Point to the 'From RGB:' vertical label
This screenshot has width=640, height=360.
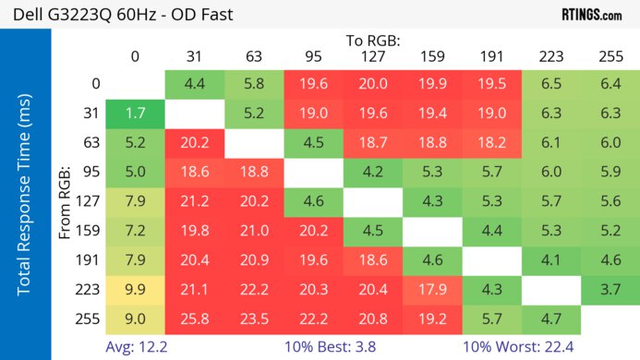point(66,202)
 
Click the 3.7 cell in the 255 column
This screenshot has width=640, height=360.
point(610,289)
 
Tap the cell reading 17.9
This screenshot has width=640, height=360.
point(432,289)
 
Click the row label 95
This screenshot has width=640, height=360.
point(91,173)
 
